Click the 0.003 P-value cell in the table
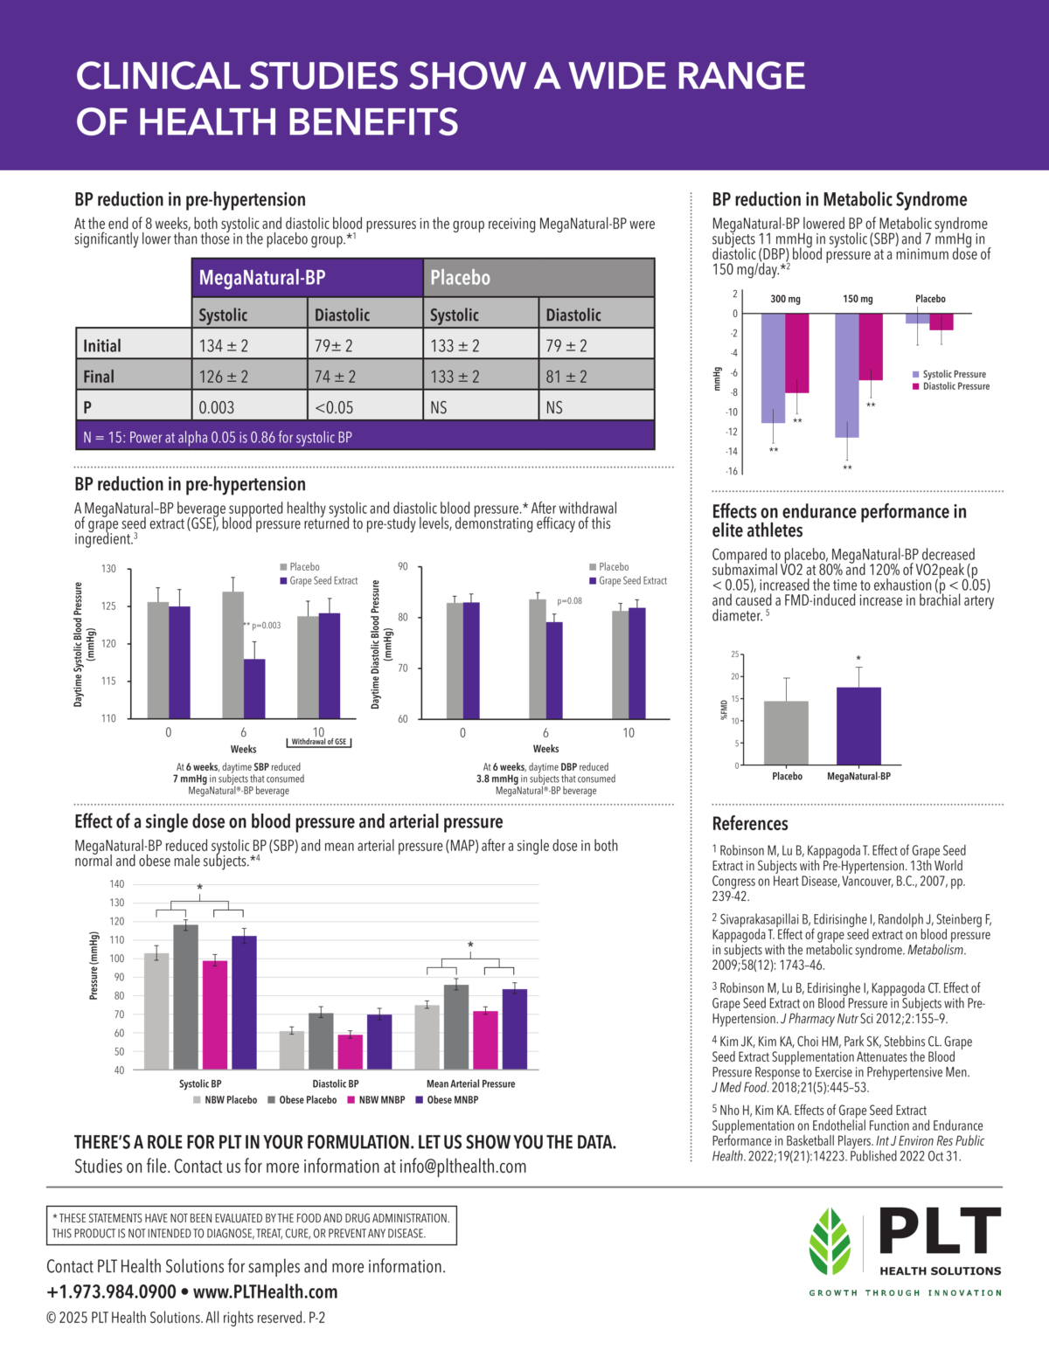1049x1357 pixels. [x=217, y=407]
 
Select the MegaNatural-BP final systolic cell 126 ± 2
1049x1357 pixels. [x=224, y=377]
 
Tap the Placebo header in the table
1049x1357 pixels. [x=461, y=278]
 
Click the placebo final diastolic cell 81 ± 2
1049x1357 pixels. [x=566, y=377]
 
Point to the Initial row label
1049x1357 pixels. [x=102, y=346]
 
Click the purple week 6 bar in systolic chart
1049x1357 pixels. [x=254, y=689]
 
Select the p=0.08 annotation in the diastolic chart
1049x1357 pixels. [x=569, y=601]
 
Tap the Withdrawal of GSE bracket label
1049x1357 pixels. [x=319, y=742]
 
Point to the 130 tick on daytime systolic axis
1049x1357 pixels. [x=108, y=569]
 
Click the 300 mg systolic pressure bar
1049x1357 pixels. [x=773, y=368]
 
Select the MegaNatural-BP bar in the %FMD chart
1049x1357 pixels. [x=858, y=726]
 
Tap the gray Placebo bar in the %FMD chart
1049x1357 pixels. [x=786, y=732]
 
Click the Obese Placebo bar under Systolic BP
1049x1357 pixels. [x=185, y=996]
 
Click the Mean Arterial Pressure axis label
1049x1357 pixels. [x=470, y=1084]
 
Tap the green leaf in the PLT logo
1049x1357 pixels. [x=830, y=1242]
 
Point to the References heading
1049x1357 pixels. [x=750, y=824]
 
